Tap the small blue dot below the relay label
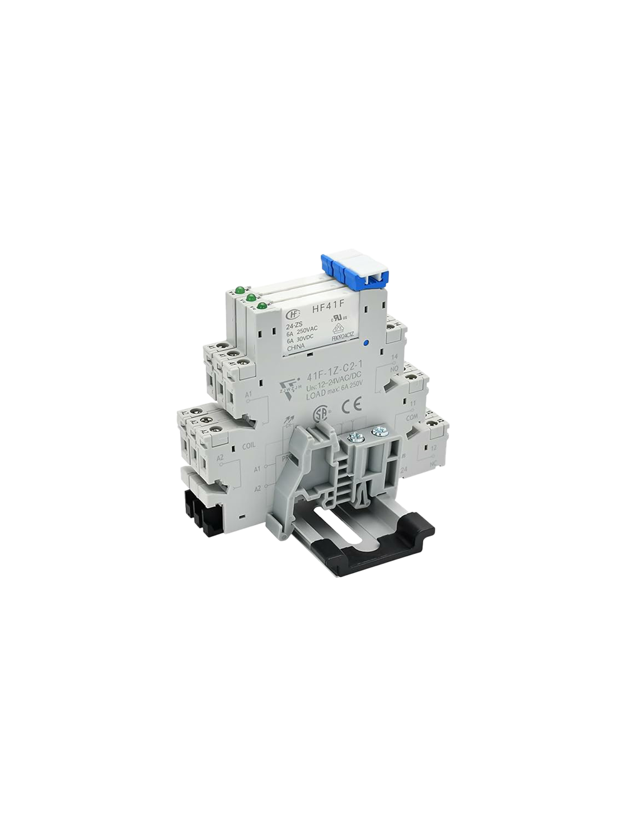(x=365, y=343)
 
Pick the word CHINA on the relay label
(x=296, y=354)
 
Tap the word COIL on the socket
(x=248, y=446)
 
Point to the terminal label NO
(x=394, y=369)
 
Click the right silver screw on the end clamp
(x=378, y=431)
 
